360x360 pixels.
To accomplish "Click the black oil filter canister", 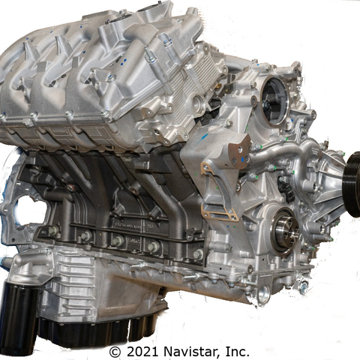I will click(18, 308).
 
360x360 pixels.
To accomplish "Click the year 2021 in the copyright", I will click(140, 351).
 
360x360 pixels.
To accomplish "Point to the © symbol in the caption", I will click(115, 351).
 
